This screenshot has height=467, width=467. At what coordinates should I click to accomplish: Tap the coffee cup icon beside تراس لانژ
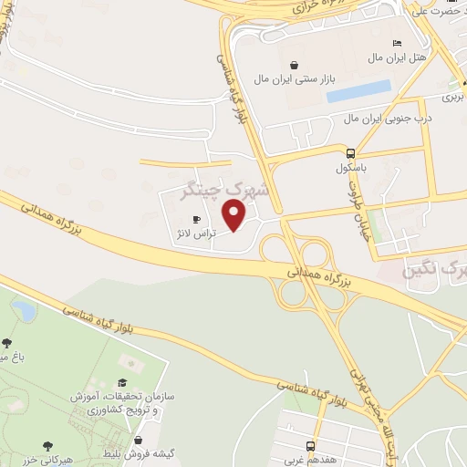tap(196, 220)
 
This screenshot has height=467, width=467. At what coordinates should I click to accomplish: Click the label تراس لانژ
tap(193, 234)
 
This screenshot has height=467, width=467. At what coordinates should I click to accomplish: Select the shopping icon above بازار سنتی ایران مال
tap(294, 65)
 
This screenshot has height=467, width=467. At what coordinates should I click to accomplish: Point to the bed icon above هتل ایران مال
tap(396, 44)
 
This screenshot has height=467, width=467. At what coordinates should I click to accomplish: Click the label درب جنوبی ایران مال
tap(388, 119)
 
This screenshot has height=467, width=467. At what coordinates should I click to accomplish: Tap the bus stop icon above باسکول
tap(351, 153)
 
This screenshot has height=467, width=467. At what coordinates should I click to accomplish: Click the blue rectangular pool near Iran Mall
tap(358, 92)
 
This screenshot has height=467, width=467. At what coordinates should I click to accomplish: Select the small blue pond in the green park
tap(25, 312)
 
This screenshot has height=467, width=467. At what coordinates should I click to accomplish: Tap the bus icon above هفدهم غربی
tap(311, 446)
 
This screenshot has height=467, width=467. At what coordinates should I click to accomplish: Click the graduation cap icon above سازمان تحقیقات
tap(123, 384)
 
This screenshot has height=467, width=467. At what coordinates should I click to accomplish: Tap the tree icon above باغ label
tap(7, 343)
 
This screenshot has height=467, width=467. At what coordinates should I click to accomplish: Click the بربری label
tap(452, 95)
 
